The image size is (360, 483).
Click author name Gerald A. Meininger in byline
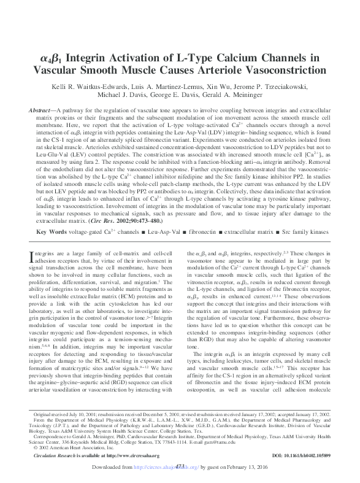tap(258, 98)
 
